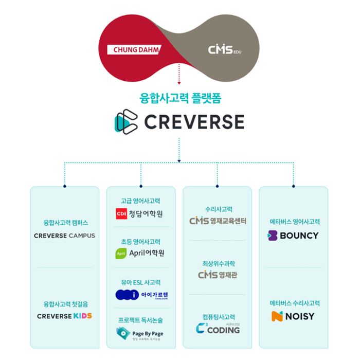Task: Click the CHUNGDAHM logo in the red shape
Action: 134,50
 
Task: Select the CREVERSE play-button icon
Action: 126,121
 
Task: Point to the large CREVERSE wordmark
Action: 194,122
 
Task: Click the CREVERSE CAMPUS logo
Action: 64,236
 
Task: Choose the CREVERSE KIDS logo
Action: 64,316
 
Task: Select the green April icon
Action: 121,253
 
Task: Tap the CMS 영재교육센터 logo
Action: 218,221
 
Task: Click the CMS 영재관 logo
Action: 218,275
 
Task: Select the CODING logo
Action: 218,329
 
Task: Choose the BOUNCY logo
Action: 293,236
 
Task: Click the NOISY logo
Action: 293,316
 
